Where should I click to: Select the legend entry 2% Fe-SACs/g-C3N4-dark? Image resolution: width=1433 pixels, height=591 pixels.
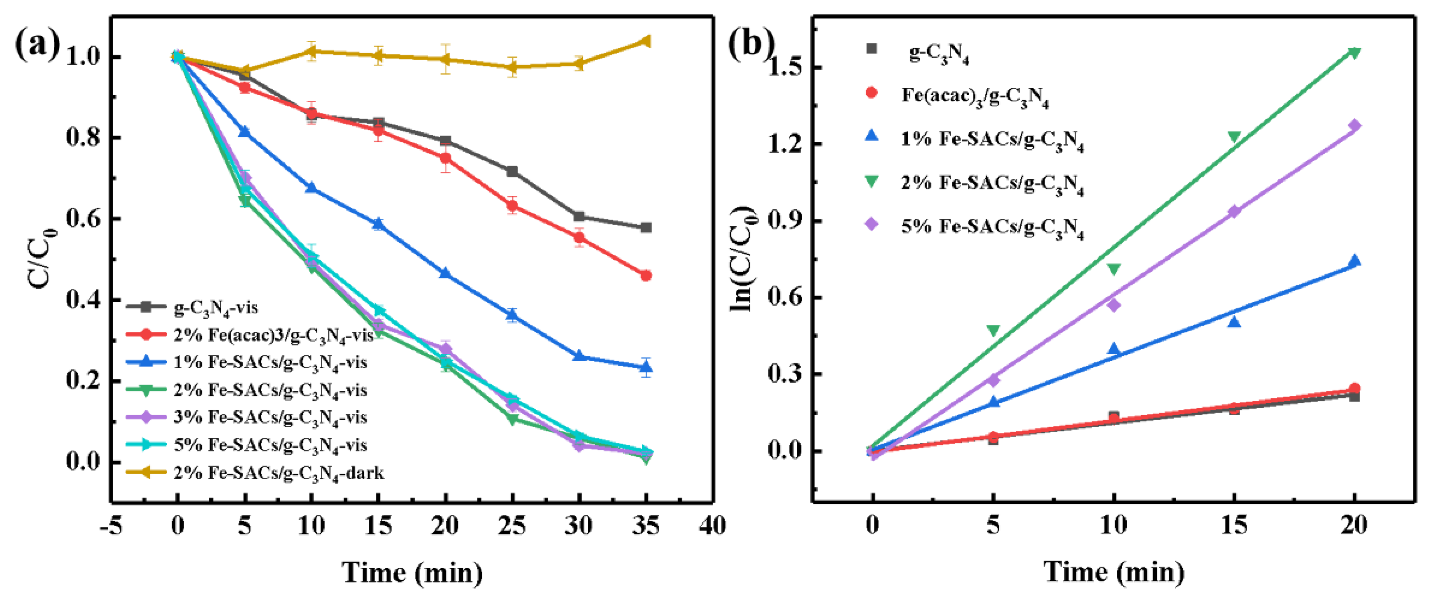(x=278, y=473)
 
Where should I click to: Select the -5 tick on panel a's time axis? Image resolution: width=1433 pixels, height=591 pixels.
(x=111, y=525)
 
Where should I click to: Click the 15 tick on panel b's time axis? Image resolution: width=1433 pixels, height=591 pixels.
(x=1234, y=525)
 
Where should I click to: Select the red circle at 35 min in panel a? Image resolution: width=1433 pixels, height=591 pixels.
(x=646, y=276)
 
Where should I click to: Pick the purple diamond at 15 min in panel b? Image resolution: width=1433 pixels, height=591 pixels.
(x=1234, y=211)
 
